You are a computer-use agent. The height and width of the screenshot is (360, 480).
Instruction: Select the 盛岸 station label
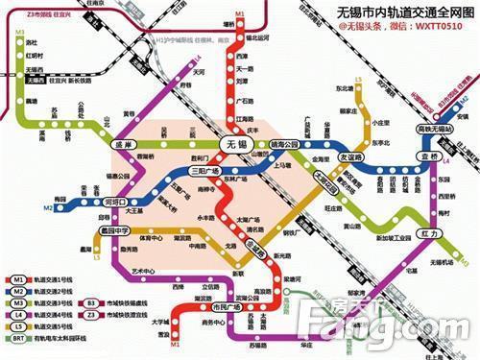click(123, 147)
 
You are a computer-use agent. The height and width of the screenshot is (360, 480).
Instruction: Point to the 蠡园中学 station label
click(113, 231)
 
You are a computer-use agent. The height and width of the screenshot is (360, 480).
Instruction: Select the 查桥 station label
click(428, 155)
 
